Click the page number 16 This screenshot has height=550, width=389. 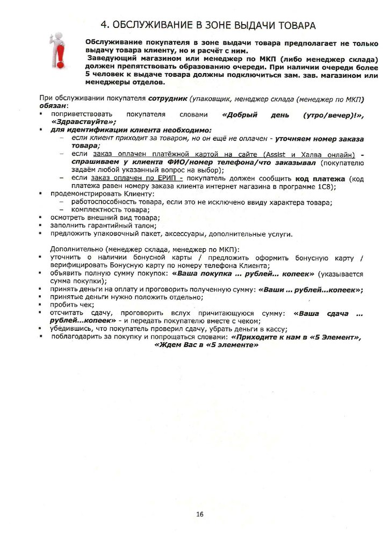tap(199, 514)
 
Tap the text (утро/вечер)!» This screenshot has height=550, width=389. tap(333, 114)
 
